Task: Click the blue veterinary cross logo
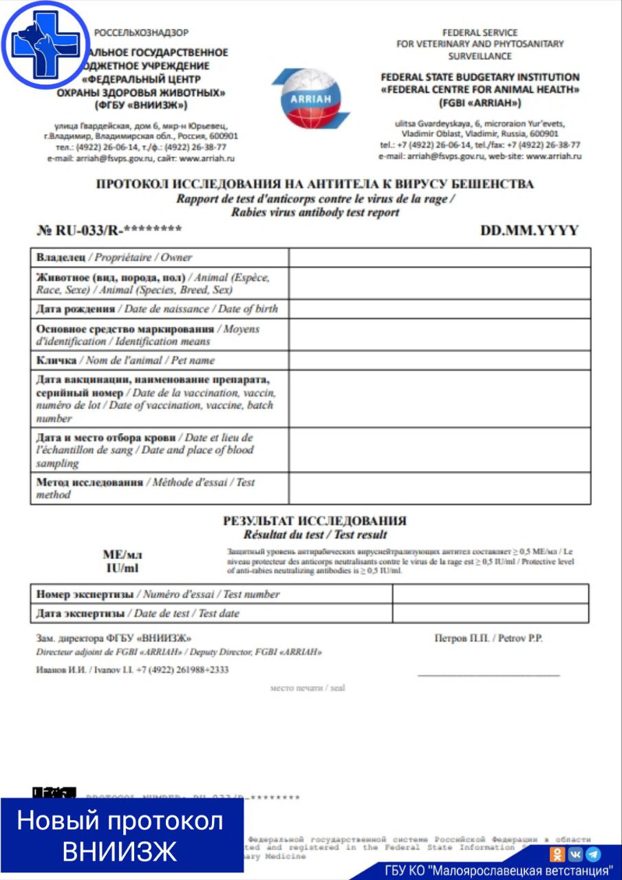pos(45,44)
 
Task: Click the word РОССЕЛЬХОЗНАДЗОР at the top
pos(141,32)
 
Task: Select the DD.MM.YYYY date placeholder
pos(529,230)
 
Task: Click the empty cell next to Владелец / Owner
pos(439,257)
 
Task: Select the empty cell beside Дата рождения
pos(439,309)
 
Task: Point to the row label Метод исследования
pos(89,483)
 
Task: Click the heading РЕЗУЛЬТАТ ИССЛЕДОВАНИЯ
pos(314,520)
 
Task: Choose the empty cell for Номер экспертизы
pos(490,594)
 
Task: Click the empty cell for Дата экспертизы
pos(490,613)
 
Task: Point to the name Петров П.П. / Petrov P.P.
pos(489,639)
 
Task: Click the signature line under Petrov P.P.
pos(489,675)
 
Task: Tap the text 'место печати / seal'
pos(308,687)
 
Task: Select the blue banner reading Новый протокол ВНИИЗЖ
pos(120,835)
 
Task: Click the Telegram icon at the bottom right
pos(593,854)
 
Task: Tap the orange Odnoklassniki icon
pos(557,854)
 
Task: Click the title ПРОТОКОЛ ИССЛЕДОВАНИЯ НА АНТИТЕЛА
pos(314,184)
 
